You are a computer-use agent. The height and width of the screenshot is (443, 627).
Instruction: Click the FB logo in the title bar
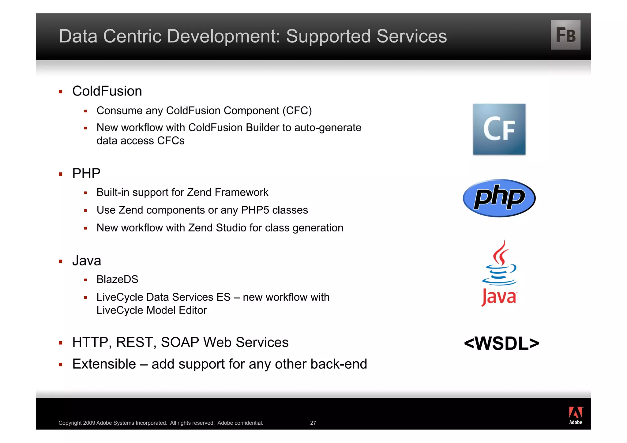[565, 35]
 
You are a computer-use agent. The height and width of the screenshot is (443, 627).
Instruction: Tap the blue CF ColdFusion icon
[499, 129]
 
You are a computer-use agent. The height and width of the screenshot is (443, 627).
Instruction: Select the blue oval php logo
[499, 198]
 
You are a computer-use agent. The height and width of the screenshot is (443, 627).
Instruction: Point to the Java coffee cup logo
[499, 272]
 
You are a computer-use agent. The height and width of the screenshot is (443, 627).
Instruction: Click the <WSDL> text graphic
[501, 343]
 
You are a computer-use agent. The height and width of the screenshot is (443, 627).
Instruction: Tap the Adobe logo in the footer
[575, 415]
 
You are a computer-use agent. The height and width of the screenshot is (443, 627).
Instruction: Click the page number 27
[313, 423]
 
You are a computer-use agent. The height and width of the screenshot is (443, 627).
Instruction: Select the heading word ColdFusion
[107, 91]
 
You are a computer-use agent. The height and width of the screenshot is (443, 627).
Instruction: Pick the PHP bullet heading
[86, 173]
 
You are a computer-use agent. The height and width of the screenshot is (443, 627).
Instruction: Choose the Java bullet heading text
[87, 261]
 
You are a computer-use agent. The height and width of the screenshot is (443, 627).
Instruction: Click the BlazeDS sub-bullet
[117, 279]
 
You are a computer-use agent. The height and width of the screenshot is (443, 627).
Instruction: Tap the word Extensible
[104, 364]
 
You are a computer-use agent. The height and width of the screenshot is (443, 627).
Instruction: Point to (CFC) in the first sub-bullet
[297, 111]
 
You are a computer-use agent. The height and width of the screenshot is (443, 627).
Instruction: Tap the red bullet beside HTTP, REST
[61, 343]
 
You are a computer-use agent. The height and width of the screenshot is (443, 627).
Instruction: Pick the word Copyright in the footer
[70, 423]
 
